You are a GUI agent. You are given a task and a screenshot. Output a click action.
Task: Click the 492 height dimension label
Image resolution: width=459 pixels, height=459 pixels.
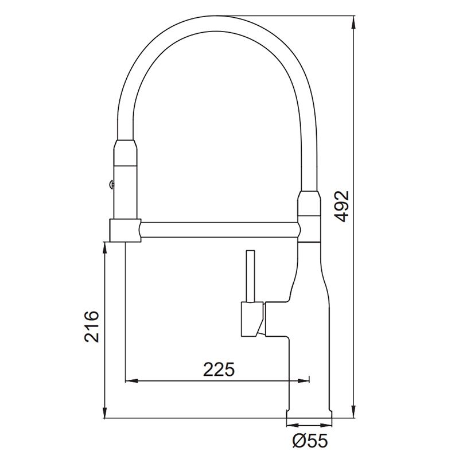(341, 206)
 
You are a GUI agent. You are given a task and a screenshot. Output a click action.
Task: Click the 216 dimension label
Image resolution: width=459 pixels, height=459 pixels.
(92, 326)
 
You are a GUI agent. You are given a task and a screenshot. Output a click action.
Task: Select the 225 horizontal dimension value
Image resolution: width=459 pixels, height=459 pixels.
(219, 369)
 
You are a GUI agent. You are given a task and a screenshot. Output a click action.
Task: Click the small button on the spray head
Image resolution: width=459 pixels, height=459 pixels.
(111, 184)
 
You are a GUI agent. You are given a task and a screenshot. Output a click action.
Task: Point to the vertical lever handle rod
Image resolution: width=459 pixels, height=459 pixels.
(251, 276)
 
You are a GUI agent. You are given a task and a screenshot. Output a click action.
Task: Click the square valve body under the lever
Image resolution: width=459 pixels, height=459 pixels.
(252, 319)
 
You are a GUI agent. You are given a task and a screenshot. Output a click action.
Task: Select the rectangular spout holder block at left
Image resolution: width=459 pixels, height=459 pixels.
(125, 231)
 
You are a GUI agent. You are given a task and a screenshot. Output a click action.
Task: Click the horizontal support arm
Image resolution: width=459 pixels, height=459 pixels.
(220, 229)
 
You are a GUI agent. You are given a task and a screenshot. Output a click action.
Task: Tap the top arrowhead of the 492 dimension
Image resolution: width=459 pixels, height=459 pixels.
(353, 23)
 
